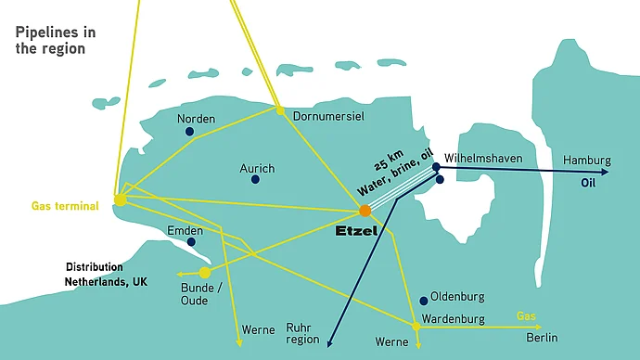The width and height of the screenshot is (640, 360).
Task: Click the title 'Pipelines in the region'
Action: [x=57, y=40]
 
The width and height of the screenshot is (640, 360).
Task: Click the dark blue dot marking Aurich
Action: [x=255, y=179]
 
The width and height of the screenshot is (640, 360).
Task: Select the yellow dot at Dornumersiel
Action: [x=280, y=110]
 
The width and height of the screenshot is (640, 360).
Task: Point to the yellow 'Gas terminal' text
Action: [x=65, y=206]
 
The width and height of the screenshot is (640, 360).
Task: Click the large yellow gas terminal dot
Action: [x=121, y=199]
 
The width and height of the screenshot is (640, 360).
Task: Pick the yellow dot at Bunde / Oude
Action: [x=205, y=272]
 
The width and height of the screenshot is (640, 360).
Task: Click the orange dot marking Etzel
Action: [x=365, y=211]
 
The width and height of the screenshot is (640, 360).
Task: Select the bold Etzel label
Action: [x=356, y=230]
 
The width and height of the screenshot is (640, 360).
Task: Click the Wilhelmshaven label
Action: [x=483, y=159]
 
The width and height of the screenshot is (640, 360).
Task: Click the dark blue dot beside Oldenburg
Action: [x=424, y=300]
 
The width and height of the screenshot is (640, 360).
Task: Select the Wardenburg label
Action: [x=454, y=319]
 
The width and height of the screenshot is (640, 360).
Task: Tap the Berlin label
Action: [x=542, y=338]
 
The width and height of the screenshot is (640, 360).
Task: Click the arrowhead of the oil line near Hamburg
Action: [x=606, y=172]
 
